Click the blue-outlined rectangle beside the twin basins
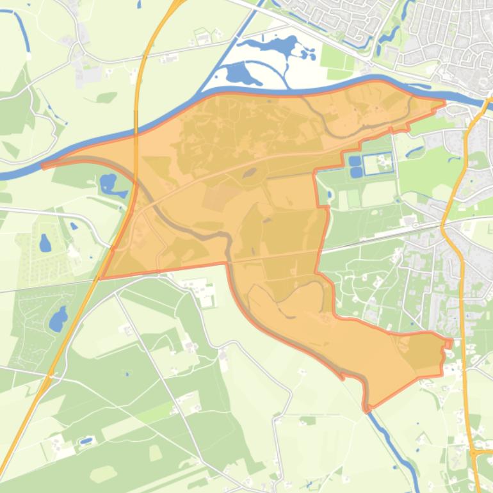[378, 164]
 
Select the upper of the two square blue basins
[355, 160]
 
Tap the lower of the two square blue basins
[355, 172]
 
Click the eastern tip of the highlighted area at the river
[443, 102]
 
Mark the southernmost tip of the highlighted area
[368, 408]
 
